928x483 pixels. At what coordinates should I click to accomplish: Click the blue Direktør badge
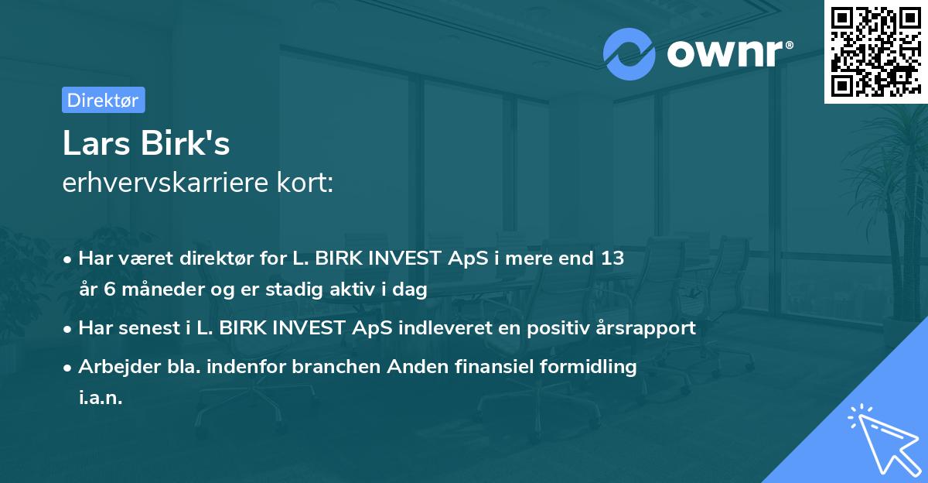click(x=103, y=100)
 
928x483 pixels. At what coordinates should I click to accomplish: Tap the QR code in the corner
click(x=875, y=51)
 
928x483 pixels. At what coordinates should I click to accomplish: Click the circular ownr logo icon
click(x=629, y=53)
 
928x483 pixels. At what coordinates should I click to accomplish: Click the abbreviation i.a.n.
click(x=101, y=398)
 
